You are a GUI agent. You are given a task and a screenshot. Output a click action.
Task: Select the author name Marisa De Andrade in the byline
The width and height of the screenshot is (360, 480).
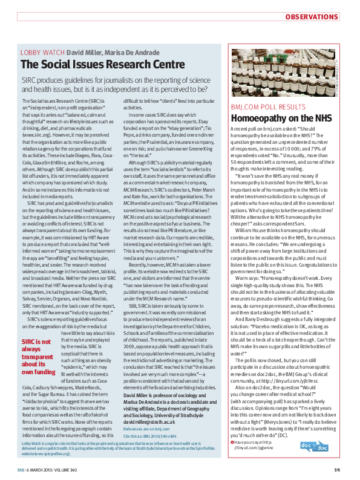click(119, 53)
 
